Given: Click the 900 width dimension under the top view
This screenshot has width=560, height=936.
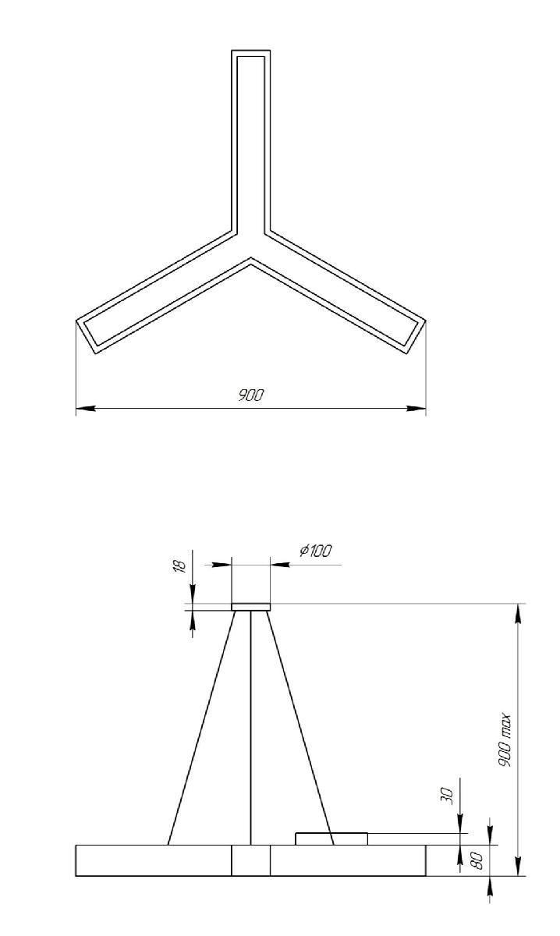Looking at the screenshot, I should [250, 395].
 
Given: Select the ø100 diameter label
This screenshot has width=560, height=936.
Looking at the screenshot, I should [315, 551].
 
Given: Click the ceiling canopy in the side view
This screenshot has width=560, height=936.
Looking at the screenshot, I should [250, 607].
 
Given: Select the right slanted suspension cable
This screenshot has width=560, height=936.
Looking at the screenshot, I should [300, 725].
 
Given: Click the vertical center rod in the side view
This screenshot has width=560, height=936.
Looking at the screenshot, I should [250, 725].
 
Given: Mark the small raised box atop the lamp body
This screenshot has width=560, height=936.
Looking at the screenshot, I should [331, 838].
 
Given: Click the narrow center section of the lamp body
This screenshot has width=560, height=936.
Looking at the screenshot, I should [250, 860].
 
